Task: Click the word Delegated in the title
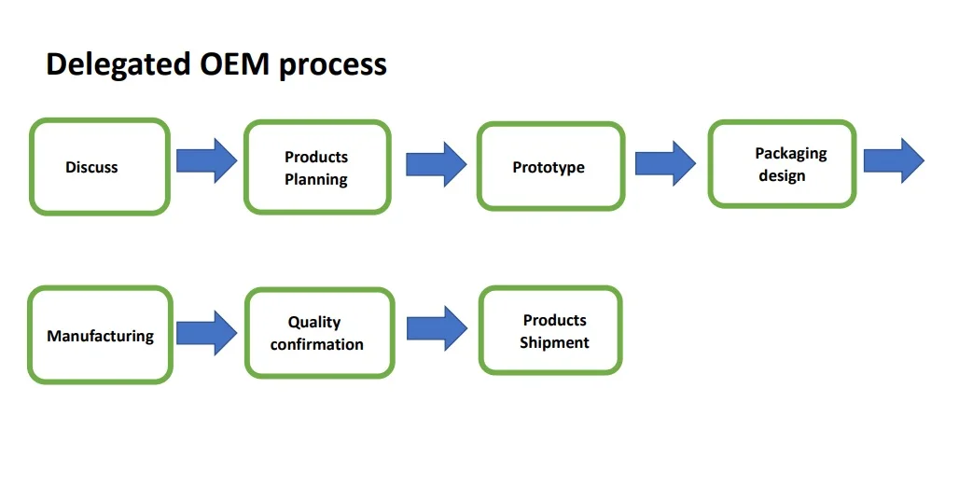(x=118, y=65)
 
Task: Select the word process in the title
(x=333, y=66)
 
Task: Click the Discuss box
(x=100, y=166)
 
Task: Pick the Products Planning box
(x=317, y=167)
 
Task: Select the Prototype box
(x=551, y=166)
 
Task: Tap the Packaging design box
(x=783, y=164)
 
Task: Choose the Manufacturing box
(x=101, y=335)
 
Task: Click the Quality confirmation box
(x=320, y=333)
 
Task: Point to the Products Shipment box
(x=550, y=330)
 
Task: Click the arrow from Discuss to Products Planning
(x=207, y=160)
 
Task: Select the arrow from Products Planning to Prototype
(x=436, y=164)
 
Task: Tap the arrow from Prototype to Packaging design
(x=665, y=163)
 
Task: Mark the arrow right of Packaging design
(x=894, y=160)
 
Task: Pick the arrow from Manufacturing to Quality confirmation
(x=207, y=333)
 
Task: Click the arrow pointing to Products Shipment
(x=437, y=328)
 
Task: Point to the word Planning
(x=316, y=180)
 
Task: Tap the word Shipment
(x=554, y=343)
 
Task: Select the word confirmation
(x=317, y=345)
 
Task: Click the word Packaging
(x=791, y=154)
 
